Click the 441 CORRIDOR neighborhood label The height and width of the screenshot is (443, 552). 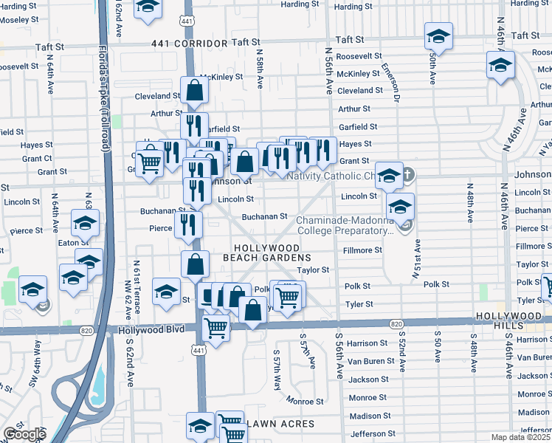point(188,44)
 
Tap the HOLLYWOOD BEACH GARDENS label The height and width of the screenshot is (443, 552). point(266,253)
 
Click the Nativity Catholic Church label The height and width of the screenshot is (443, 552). point(332,176)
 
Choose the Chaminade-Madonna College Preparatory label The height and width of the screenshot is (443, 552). point(345,225)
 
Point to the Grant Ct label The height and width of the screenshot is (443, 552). point(37,158)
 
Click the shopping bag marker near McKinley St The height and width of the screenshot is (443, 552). point(194,91)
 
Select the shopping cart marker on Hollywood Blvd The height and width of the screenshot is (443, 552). point(215,328)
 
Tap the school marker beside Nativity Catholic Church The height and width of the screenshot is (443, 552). point(389,176)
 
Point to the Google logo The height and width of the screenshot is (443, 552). point(24,434)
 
